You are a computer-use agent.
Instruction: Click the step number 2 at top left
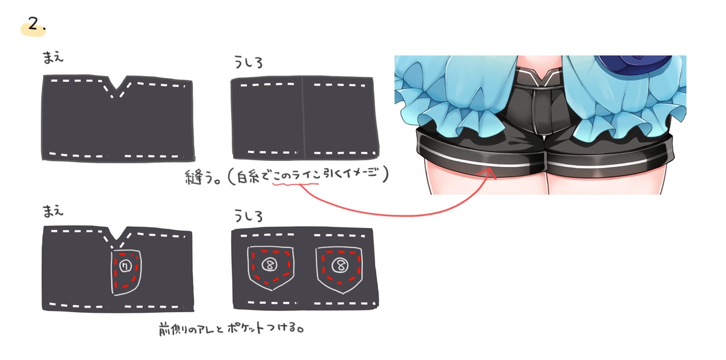pyautogui.click(x=33, y=24)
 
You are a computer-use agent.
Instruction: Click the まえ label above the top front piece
pyautogui.click(x=53, y=57)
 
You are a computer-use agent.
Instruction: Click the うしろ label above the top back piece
pyautogui.click(x=248, y=62)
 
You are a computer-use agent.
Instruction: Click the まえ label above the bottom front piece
pyautogui.click(x=53, y=211)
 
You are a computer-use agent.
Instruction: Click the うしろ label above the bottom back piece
pyautogui.click(x=248, y=215)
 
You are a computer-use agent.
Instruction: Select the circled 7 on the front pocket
pyautogui.click(x=125, y=266)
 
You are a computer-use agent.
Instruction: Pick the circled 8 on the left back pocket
pyautogui.click(x=270, y=265)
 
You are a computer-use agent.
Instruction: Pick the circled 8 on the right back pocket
pyautogui.click(x=340, y=266)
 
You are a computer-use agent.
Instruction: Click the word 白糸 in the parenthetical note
pyautogui.click(x=249, y=177)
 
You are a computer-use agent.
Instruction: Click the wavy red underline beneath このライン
pyautogui.click(x=296, y=185)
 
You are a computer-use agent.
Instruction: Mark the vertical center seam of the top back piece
pyautogui.click(x=304, y=117)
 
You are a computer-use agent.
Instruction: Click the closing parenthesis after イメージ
pyautogui.click(x=385, y=174)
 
